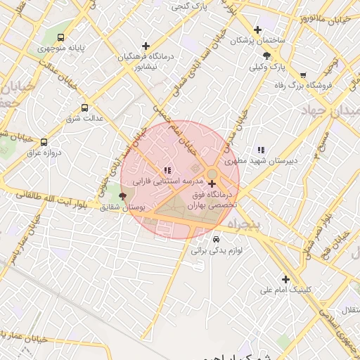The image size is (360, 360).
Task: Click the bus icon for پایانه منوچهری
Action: click(x=61, y=37)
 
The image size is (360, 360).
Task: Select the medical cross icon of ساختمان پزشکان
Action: click(x=258, y=30)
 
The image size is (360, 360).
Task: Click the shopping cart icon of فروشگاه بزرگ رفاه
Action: click(x=303, y=75)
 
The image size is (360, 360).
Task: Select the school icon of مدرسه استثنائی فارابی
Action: click(x=167, y=170)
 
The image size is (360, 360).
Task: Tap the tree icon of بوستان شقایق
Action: click(x=124, y=196)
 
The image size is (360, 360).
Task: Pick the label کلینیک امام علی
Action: click(x=285, y=290)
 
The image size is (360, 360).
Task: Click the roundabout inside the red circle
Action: click(x=212, y=174)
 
